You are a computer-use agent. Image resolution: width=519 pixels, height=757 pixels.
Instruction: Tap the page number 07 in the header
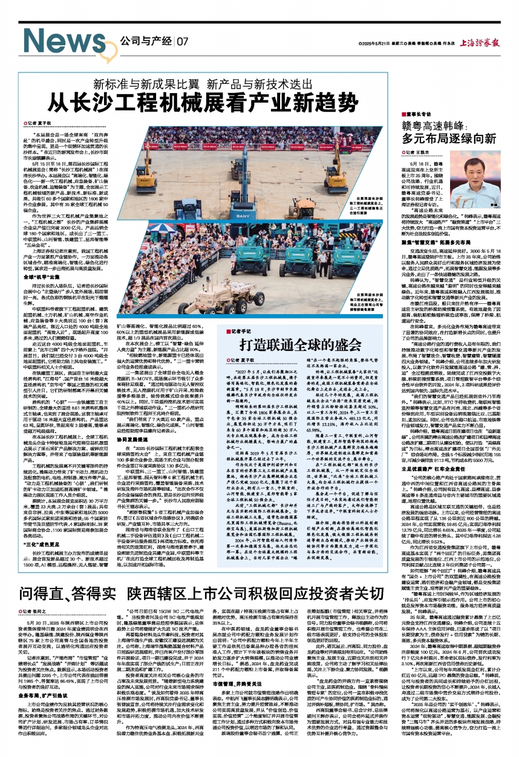point(181,42)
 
